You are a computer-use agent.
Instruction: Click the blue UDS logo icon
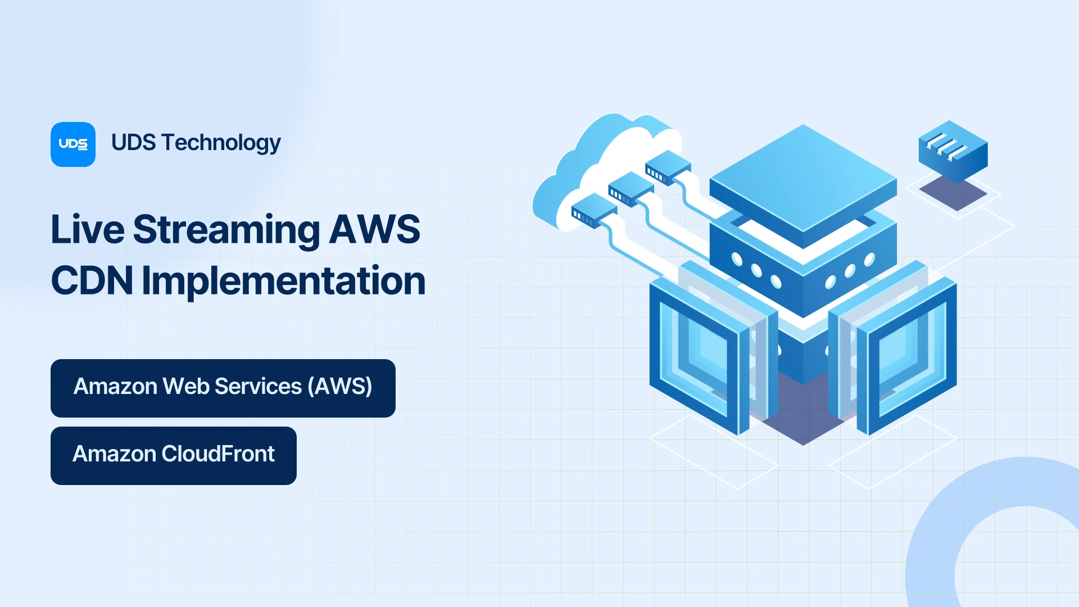click(73, 144)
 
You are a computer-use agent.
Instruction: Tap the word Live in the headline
click(88, 229)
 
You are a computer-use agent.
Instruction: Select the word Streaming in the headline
click(226, 230)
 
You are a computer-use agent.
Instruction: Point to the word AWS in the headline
click(374, 229)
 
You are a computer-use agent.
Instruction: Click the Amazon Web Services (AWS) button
click(223, 388)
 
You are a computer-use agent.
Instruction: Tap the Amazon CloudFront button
click(174, 456)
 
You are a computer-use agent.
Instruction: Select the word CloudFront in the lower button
click(218, 454)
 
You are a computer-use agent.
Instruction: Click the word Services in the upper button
click(259, 387)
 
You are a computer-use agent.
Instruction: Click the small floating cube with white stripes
click(953, 151)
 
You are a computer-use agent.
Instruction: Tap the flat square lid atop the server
click(803, 180)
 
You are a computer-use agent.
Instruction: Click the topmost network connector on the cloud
click(668, 167)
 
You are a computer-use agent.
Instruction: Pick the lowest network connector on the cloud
click(594, 210)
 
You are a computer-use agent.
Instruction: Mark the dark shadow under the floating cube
click(953, 193)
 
